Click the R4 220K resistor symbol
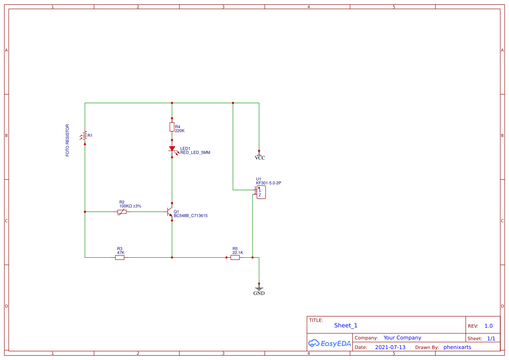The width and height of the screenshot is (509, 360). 172,127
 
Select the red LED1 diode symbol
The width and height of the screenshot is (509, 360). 172,149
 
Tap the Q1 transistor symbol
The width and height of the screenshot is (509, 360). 170,212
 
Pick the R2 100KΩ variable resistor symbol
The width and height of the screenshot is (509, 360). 122,212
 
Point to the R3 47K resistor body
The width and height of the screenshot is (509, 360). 120,257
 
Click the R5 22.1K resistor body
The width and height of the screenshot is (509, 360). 235,257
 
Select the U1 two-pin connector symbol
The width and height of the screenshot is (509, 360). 261,192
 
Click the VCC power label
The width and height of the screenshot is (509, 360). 260,157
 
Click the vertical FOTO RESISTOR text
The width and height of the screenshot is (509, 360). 67,141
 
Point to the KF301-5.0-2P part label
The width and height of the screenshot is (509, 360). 269,183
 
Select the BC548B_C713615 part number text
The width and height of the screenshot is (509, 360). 191,216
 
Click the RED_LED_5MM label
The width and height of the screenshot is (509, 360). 195,153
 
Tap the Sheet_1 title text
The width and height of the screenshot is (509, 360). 346,325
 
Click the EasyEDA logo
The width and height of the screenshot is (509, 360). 330,343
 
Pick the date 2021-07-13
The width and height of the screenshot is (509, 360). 390,347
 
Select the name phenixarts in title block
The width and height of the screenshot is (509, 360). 457,347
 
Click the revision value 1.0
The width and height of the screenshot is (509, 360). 489,326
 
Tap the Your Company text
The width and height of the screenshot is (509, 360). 402,338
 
